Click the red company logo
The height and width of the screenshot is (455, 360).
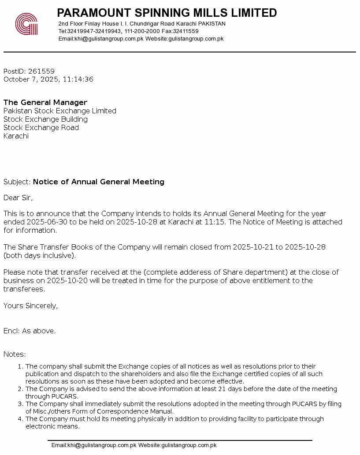26,24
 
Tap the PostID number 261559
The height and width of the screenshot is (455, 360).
41,71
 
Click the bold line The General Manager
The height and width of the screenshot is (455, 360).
45,103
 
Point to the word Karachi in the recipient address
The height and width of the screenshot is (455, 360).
16,136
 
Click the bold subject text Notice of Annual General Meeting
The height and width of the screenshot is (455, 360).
99,182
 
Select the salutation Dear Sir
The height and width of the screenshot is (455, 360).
18,198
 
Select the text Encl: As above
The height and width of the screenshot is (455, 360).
30,331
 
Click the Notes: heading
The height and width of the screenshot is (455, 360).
15,354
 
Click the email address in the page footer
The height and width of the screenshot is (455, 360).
94,445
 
